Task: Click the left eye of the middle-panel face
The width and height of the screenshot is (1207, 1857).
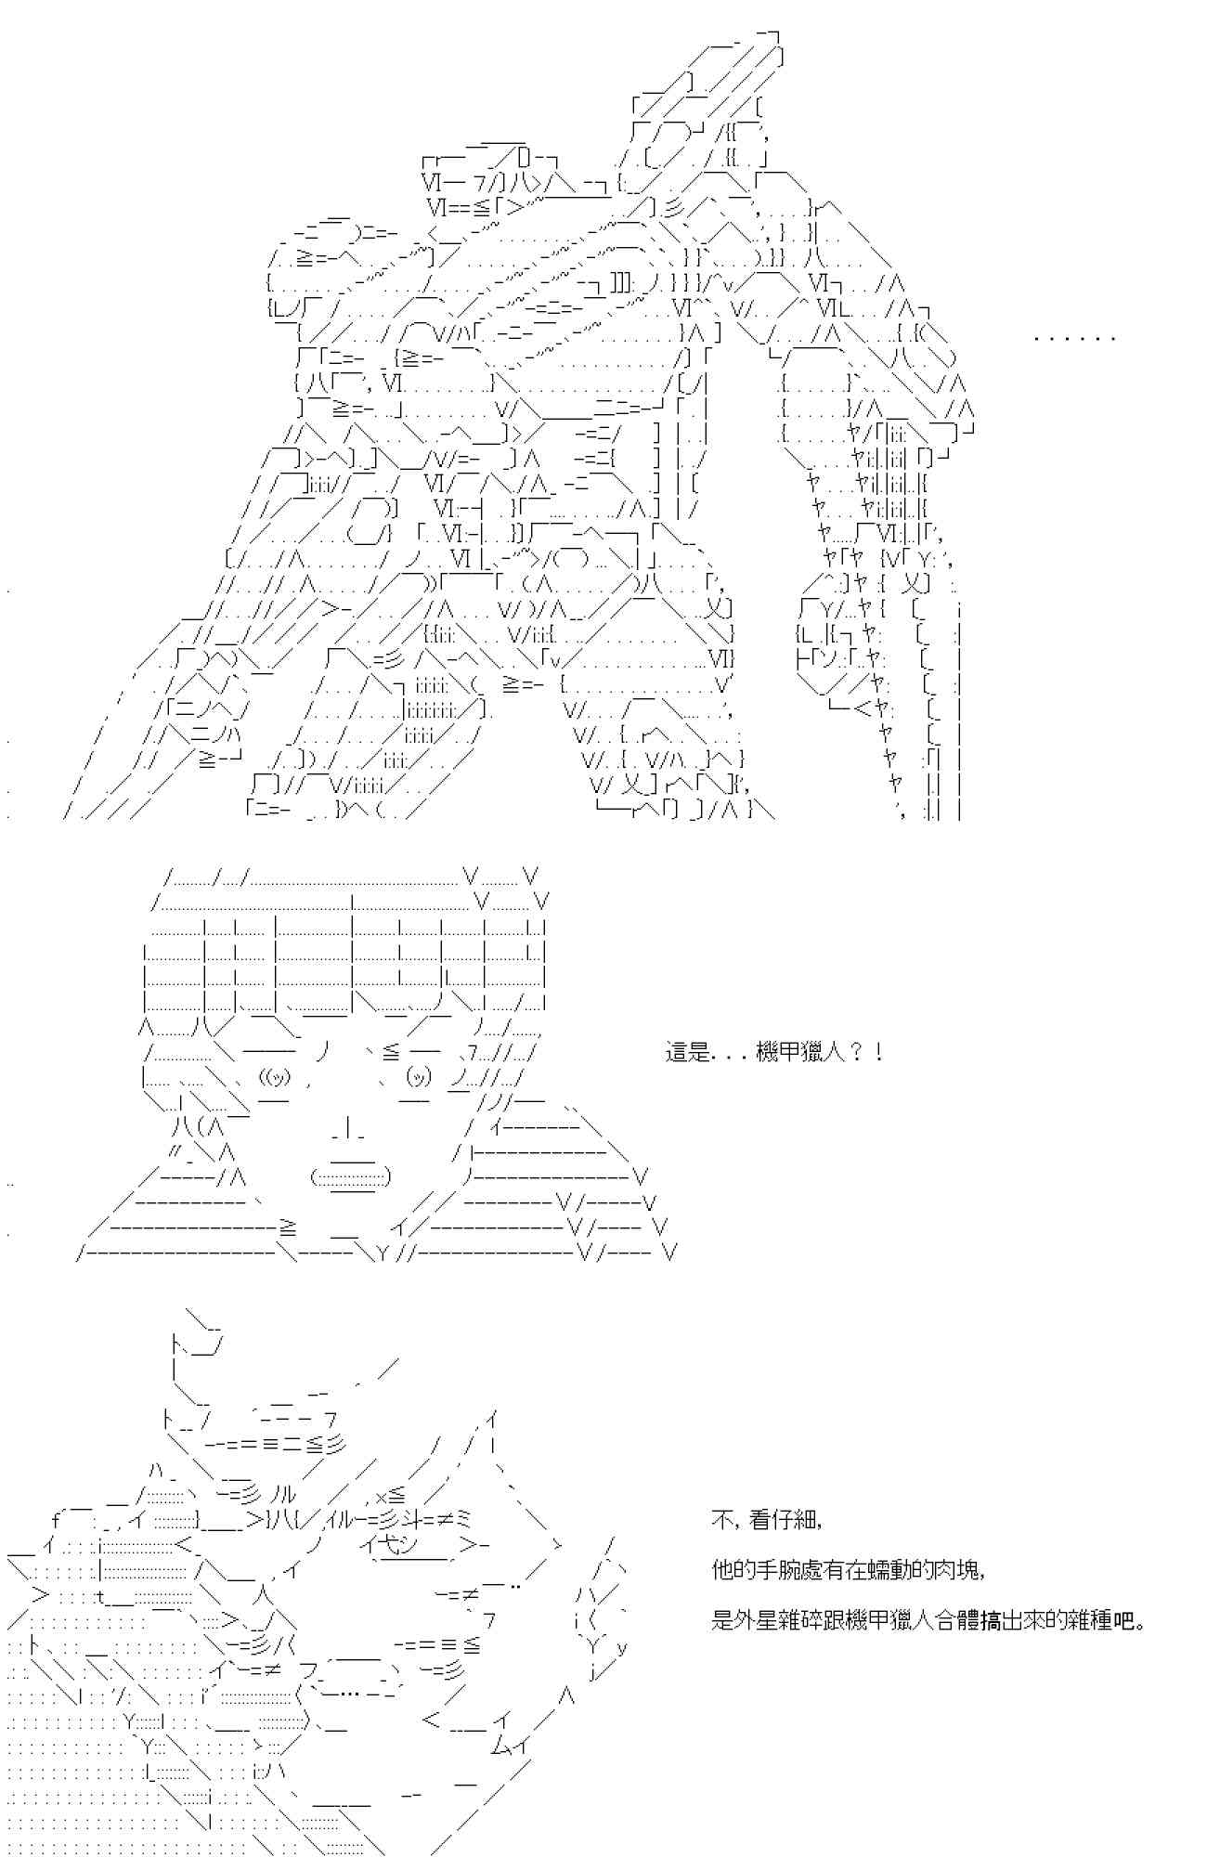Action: (276, 1077)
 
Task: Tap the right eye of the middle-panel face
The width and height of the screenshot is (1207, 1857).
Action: (419, 1077)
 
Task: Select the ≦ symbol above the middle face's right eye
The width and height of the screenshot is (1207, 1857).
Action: (391, 1051)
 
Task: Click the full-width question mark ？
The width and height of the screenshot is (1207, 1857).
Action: (855, 1053)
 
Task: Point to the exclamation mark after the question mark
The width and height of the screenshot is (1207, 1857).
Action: (878, 1053)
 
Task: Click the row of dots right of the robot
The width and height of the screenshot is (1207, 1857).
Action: (1074, 338)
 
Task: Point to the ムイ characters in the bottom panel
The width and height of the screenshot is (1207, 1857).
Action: (508, 1747)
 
